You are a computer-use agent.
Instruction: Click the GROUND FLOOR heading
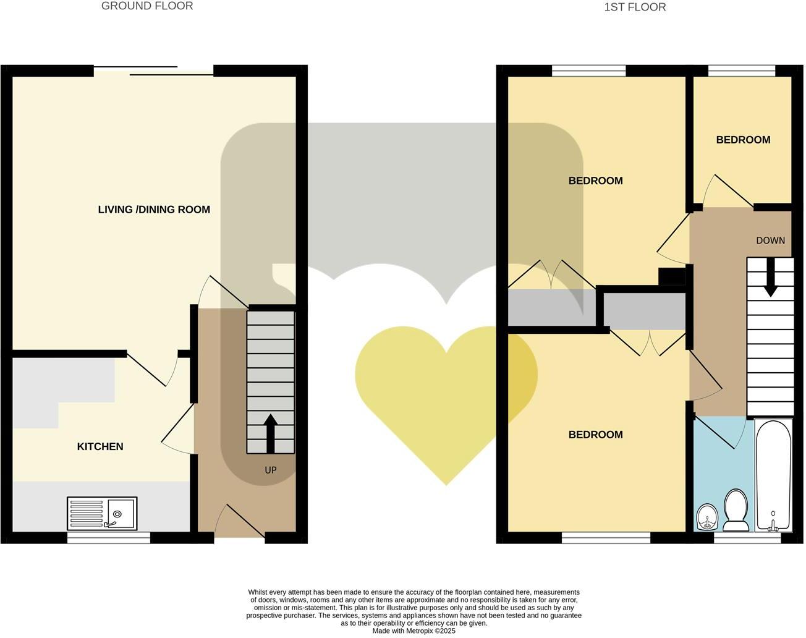(147, 6)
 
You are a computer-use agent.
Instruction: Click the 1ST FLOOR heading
(635, 7)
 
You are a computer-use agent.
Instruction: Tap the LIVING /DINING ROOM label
(154, 210)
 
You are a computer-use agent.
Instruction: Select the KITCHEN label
(100, 446)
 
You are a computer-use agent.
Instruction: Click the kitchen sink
(102, 514)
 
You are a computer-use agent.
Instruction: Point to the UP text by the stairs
(271, 470)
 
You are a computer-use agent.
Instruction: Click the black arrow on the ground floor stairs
(271, 433)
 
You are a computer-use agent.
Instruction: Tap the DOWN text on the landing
(770, 240)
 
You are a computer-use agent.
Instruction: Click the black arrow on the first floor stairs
(770, 278)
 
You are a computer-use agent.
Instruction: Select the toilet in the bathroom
(736, 511)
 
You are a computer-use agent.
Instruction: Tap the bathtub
(773, 475)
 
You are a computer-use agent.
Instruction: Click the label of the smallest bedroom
(743, 140)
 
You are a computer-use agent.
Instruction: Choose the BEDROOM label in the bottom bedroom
(595, 435)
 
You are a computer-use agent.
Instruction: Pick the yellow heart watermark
(445, 396)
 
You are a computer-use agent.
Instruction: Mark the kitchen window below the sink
(109, 538)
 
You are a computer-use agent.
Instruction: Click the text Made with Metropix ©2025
(414, 631)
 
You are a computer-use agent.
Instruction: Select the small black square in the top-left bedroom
(671, 276)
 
